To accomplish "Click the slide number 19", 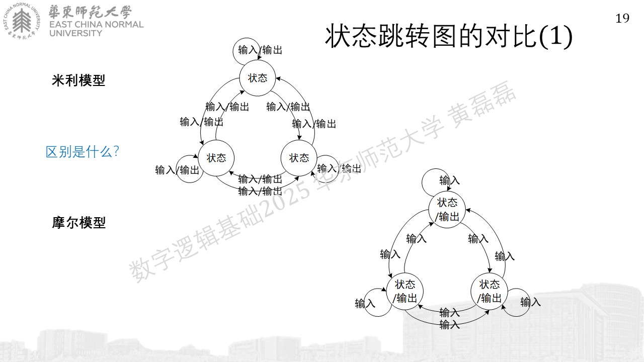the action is (x=622, y=19).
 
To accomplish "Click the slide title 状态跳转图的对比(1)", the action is (x=449, y=36).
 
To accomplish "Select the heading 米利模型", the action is (x=78, y=80).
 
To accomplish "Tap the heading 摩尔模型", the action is (x=79, y=223).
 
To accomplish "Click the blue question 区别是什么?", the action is (x=82, y=151).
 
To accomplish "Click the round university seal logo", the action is (x=22, y=21).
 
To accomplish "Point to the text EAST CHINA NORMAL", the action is (x=96, y=25).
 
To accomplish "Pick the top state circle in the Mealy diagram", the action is (x=258, y=78).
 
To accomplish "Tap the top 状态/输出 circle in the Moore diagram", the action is (x=447, y=210).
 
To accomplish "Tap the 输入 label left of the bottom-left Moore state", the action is (x=365, y=303).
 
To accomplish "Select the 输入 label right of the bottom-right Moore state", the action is (x=530, y=302).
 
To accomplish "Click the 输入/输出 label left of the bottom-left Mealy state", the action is (x=177, y=170).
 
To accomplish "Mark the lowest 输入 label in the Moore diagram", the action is (x=449, y=325).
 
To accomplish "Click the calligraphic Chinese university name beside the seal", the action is (x=90, y=12).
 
